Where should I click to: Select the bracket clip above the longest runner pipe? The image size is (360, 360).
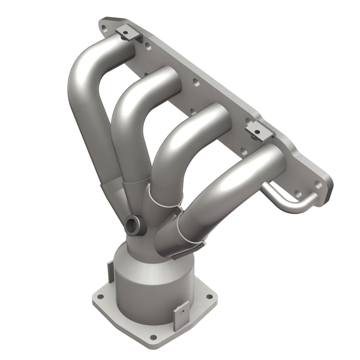tap(126, 33)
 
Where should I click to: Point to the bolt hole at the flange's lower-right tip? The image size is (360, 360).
tap(318, 185)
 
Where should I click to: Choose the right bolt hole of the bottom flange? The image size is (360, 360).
tap(208, 296)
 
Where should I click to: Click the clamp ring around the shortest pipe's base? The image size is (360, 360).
tap(191, 234)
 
